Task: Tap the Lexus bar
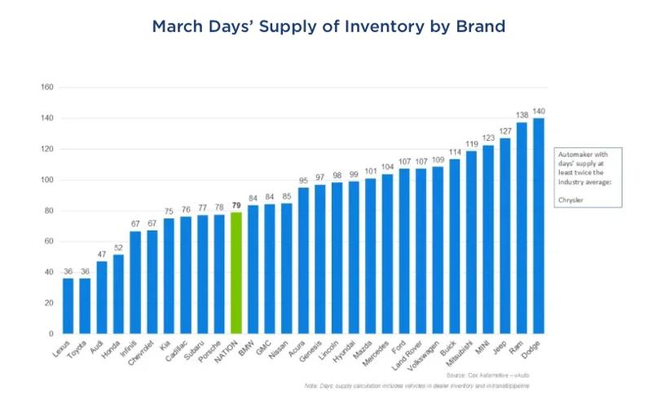(x=68, y=305)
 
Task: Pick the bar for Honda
(x=119, y=294)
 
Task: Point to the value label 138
(x=522, y=116)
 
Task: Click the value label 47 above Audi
(x=102, y=255)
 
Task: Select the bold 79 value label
(x=236, y=206)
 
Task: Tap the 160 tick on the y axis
(x=46, y=87)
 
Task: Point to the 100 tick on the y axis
(x=46, y=180)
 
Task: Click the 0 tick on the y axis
(x=51, y=334)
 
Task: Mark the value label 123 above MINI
(x=488, y=139)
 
